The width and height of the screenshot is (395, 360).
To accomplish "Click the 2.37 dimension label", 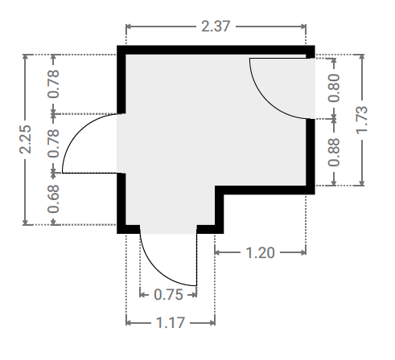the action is coord(216,27).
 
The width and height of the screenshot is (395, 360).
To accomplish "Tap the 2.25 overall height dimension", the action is coord(26,139).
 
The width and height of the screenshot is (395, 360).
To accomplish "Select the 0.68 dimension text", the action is coord(53,198).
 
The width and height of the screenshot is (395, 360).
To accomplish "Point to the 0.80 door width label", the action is coord(334,88).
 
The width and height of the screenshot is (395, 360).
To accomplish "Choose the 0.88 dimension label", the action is coord(334,152).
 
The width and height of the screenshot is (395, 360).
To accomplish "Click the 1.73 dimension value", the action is coord(362,120).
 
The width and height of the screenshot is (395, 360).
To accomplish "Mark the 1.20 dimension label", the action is coord(260,253).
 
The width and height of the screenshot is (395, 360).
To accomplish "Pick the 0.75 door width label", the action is coord(168,295).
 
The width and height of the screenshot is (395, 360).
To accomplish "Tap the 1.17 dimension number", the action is coord(171,323).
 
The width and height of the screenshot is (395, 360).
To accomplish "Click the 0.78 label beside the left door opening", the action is coord(53,143).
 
